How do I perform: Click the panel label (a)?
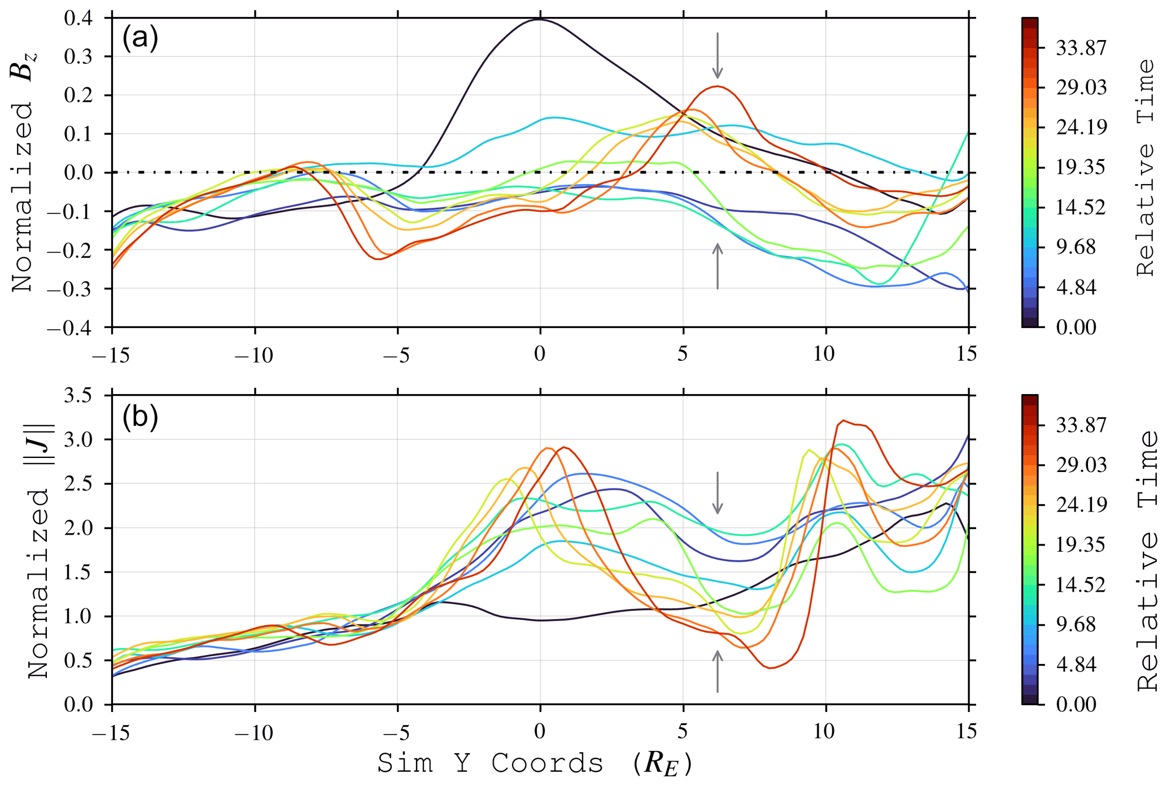pyautogui.click(x=140, y=38)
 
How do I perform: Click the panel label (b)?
pyautogui.click(x=140, y=417)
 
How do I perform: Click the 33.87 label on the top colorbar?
pyautogui.click(x=1081, y=49)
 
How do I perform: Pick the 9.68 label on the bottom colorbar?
pyautogui.click(x=1075, y=625)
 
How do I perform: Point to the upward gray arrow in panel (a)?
pyautogui.click(x=717, y=266)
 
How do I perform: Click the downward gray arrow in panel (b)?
pyautogui.click(x=717, y=492)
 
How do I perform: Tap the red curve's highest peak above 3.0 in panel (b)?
pyautogui.click(x=843, y=421)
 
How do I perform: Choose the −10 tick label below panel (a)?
pyautogui.click(x=255, y=355)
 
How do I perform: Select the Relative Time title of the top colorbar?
pyautogui.click(x=1146, y=167)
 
